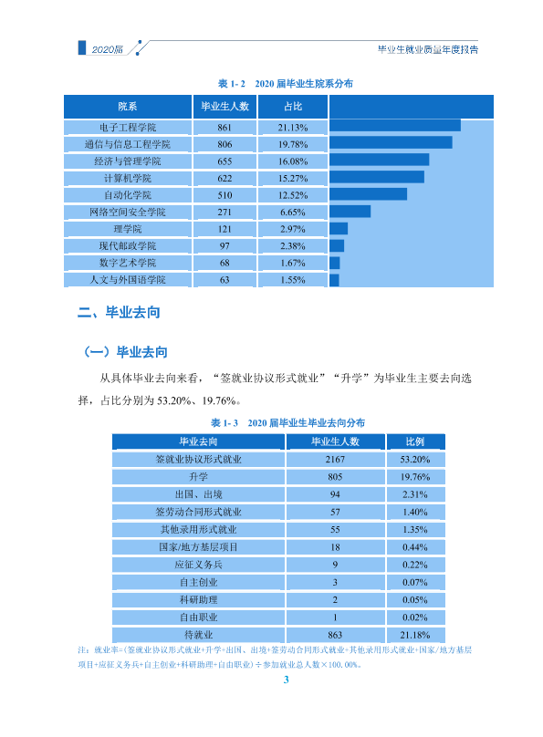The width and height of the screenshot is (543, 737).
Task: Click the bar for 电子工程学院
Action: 395,126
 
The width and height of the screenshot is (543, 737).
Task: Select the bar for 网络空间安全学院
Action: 350,212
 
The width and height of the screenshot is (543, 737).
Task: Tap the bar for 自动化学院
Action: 368,194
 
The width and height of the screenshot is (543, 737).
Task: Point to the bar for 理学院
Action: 339,228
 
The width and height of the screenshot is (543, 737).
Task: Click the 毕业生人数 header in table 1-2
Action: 225,107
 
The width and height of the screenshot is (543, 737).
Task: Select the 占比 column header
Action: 293,107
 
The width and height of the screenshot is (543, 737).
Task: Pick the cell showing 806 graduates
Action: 225,144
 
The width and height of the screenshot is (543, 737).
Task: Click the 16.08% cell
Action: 293,161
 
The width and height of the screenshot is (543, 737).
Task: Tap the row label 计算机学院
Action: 128,178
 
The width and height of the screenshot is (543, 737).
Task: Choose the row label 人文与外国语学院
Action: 128,280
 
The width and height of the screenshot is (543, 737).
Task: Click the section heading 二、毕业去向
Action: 119,312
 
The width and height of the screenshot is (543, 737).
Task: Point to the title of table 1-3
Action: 287,422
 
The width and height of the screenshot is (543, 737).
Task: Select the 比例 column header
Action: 415,441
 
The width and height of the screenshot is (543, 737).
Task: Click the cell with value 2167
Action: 335,459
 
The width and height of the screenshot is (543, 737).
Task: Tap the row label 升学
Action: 198,477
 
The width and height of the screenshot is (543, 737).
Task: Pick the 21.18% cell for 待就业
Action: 415,635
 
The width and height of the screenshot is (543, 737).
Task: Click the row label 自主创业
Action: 198,582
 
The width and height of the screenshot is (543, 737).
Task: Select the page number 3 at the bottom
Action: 286,680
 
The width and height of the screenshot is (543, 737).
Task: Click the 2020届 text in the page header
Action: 107,49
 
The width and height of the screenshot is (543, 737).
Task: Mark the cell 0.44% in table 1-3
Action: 415,547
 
